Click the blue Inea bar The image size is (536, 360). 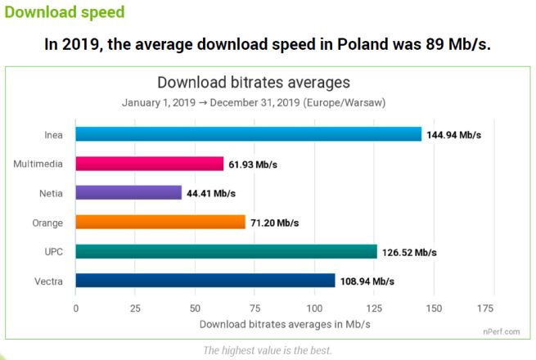coord(248,134)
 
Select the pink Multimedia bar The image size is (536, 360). coord(149,164)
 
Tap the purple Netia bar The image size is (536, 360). coord(128,193)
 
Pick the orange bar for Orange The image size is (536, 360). coord(160,222)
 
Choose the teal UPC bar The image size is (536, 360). coord(226,251)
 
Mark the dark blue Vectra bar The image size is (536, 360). coord(205,281)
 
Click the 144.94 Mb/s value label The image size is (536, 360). coord(453,135)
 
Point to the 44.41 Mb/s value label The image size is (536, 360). coord(210,193)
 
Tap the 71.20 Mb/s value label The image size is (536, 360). coord(274,223)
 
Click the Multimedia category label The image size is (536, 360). coord(39,164)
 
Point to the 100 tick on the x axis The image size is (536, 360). coord(314,308)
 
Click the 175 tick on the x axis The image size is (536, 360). coord(484,308)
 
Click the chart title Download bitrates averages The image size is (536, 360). coord(253,83)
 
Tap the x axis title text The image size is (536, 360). coord(285,324)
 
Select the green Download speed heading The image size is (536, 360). coord(65,13)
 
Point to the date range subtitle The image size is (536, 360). coord(254,103)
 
